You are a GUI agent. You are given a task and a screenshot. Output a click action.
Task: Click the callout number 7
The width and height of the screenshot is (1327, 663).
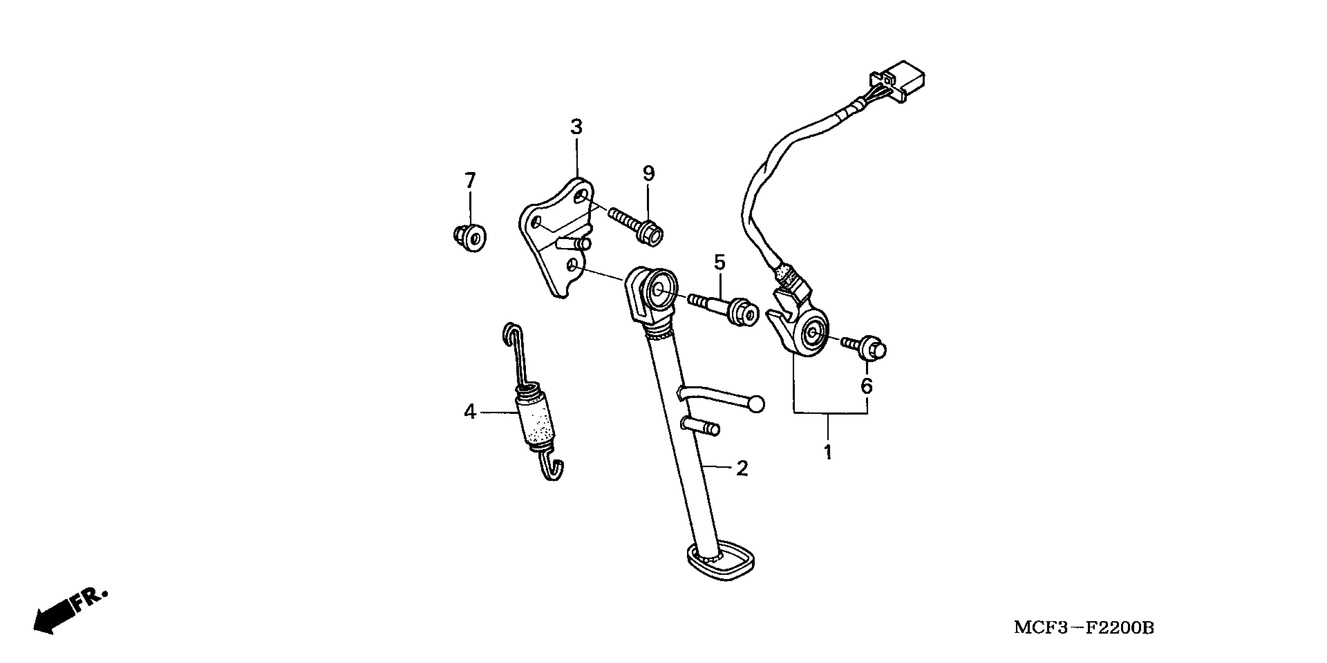pyautogui.click(x=470, y=181)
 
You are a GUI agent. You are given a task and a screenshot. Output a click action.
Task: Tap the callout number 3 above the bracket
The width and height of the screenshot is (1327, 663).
pyautogui.click(x=576, y=127)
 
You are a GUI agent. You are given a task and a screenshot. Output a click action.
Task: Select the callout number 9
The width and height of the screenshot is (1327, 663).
pyautogui.click(x=648, y=174)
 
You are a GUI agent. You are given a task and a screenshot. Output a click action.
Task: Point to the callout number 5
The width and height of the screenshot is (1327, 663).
pyautogui.click(x=719, y=263)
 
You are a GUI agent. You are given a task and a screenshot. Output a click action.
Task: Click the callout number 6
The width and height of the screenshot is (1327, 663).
pyautogui.click(x=867, y=385)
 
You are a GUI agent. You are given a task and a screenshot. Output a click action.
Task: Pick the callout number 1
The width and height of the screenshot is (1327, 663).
pyautogui.click(x=828, y=452)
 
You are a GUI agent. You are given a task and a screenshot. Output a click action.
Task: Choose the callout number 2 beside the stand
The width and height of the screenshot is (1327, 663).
pyautogui.click(x=742, y=468)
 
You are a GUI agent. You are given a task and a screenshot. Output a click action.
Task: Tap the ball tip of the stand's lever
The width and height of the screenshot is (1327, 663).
pyautogui.click(x=756, y=404)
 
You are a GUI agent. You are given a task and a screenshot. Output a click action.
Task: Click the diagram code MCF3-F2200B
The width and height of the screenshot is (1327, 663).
pyautogui.click(x=1084, y=628)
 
